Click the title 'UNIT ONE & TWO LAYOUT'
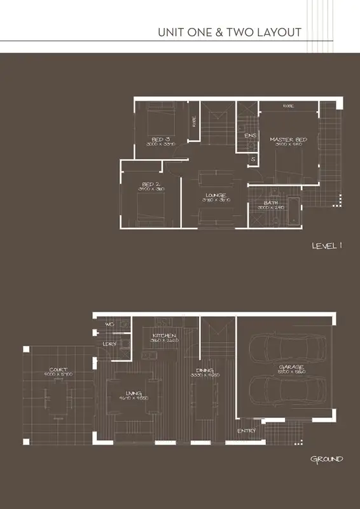pyautogui.click(x=229, y=32)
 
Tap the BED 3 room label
pyautogui.click(x=160, y=139)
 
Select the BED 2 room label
pyautogui.click(x=151, y=185)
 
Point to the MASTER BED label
pyautogui.click(x=288, y=139)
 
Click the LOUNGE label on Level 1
pyautogui.click(x=216, y=195)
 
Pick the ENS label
pyautogui.click(x=249, y=136)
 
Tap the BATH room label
pyautogui.click(x=270, y=203)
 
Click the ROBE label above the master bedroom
pyautogui.click(x=288, y=106)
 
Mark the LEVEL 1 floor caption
pyautogui.click(x=327, y=246)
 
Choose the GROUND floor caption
pyautogui.click(x=326, y=459)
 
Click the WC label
pyautogui.click(x=110, y=324)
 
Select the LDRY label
pyautogui.click(x=110, y=345)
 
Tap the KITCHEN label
pyautogui.click(x=163, y=335)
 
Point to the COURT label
pyautogui.click(x=59, y=370)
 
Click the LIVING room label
pyautogui.click(x=134, y=393)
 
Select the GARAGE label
pyautogui.click(x=290, y=367)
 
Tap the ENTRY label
pyautogui.click(x=246, y=431)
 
